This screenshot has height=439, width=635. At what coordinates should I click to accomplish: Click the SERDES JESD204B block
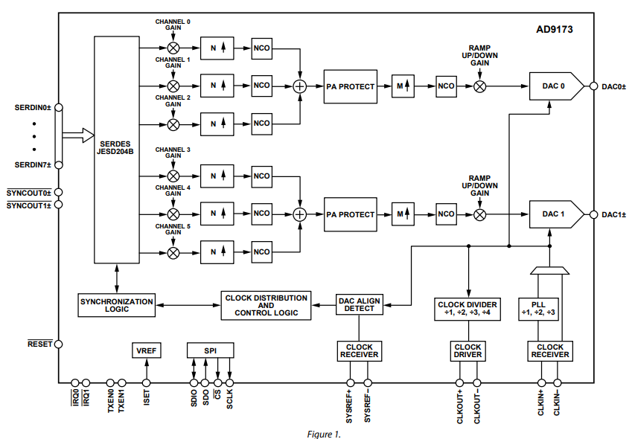tap(116, 149)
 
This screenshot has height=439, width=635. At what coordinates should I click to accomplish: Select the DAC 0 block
tap(555, 86)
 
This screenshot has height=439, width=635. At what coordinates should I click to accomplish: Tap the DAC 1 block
tap(555, 214)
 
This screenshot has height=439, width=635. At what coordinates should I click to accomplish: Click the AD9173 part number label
tap(554, 31)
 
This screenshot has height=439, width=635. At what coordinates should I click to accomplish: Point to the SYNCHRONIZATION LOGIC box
tap(116, 304)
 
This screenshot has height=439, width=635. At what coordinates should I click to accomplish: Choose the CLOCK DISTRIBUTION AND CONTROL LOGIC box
tap(265, 305)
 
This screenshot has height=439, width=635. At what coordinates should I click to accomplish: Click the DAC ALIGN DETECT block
tap(359, 304)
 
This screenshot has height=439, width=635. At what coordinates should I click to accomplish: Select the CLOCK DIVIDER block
tap(468, 308)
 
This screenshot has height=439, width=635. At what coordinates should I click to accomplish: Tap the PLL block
tap(538, 308)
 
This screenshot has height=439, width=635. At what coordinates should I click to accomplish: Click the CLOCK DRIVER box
tap(468, 350)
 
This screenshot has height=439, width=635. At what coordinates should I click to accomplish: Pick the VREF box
tap(147, 350)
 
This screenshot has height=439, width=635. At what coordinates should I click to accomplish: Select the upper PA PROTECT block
tap(351, 86)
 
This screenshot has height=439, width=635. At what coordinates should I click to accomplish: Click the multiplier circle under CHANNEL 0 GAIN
tap(173, 48)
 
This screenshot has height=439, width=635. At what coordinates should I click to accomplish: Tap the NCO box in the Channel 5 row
tap(261, 252)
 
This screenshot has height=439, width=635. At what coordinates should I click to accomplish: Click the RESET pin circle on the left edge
tap(58, 345)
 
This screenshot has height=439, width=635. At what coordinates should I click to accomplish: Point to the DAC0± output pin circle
tap(593, 86)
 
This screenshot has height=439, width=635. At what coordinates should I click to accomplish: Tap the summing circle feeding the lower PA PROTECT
tap(300, 214)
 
